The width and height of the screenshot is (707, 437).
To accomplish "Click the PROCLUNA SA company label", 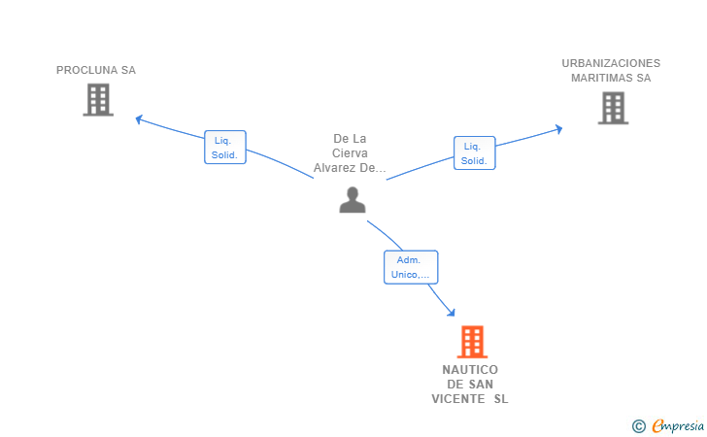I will pyautogui.click(x=96, y=70).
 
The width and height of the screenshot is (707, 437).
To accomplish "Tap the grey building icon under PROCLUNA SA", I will pyautogui.click(x=98, y=100).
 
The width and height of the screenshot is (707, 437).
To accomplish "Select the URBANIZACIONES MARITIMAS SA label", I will pyautogui.click(x=611, y=70).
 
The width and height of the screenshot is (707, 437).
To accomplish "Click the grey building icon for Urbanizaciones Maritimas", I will pyautogui.click(x=613, y=108).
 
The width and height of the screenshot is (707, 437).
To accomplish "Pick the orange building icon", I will pyautogui.click(x=471, y=342).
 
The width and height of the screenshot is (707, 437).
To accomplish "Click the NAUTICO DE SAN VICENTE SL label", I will pyautogui.click(x=470, y=384).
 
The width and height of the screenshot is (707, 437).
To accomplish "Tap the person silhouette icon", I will pyautogui.click(x=352, y=200).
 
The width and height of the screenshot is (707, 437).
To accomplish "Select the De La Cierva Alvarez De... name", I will pyautogui.click(x=350, y=153).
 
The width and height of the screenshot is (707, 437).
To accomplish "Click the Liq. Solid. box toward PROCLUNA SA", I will pyautogui.click(x=224, y=148).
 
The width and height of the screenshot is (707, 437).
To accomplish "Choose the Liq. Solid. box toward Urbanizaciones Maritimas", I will pyautogui.click(x=474, y=153).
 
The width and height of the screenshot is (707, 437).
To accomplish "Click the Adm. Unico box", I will pyautogui.click(x=411, y=267).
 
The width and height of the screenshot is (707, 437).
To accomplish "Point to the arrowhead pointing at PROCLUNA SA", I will pyautogui.click(x=139, y=119).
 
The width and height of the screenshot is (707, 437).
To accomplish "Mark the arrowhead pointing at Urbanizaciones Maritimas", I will pyautogui.click(x=558, y=128).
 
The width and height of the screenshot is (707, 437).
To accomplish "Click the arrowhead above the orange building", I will pyautogui.click(x=451, y=312).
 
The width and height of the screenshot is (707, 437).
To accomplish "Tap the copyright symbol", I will pyautogui.click(x=638, y=425).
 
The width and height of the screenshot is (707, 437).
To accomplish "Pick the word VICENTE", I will pyautogui.click(x=458, y=398).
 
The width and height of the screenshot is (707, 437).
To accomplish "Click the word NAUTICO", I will pyautogui.click(x=470, y=370).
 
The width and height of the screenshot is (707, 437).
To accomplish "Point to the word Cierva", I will pyautogui.click(x=350, y=153).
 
